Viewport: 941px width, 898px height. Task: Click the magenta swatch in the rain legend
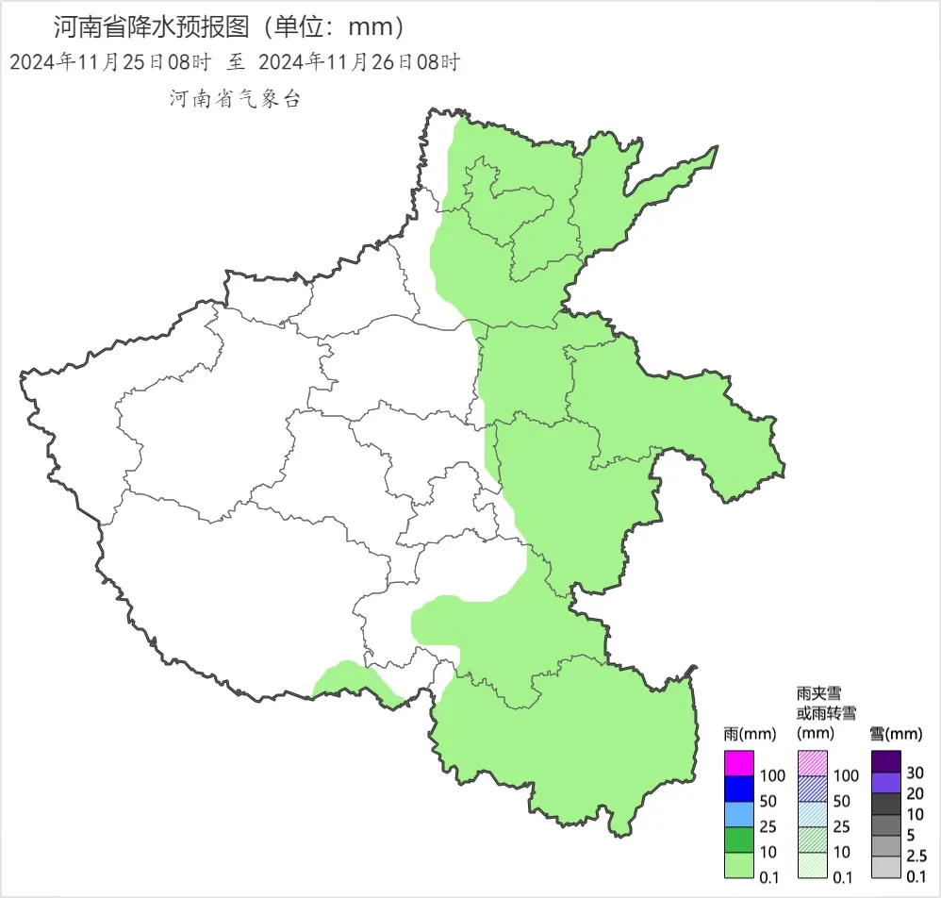coord(739,761)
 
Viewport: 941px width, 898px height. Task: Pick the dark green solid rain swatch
coord(739,839)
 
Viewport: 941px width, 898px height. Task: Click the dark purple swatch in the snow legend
coord(885,760)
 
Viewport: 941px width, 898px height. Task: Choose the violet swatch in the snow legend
coord(885,782)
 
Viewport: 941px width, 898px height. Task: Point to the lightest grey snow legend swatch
coord(885,868)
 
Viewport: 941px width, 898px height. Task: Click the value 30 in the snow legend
coord(914,773)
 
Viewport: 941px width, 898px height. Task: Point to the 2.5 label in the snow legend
coord(916,856)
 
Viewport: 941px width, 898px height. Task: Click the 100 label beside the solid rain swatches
coord(771,775)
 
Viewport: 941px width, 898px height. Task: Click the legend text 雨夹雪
coord(818,693)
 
